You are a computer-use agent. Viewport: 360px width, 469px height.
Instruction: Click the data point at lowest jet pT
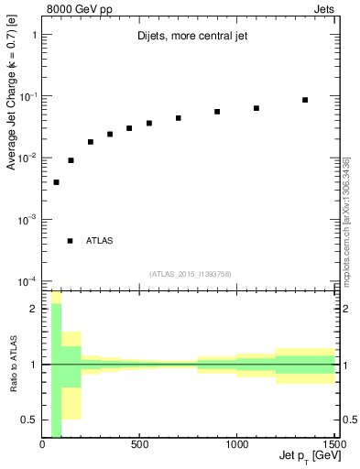[x=56, y=182]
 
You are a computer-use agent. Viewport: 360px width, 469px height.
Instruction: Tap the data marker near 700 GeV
[x=179, y=118]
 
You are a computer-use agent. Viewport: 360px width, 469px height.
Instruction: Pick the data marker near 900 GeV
[x=217, y=112]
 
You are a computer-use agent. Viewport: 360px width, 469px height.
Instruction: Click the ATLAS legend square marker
[x=70, y=241]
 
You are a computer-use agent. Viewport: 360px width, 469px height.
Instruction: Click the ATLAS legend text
[x=100, y=241]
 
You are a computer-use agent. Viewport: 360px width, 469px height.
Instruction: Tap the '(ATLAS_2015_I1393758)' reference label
[x=190, y=274]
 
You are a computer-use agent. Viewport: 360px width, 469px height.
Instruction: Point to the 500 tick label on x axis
[x=139, y=445]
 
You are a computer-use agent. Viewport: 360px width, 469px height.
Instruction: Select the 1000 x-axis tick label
[x=236, y=445]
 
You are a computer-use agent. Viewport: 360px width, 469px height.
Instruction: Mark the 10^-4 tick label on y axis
[x=26, y=281]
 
